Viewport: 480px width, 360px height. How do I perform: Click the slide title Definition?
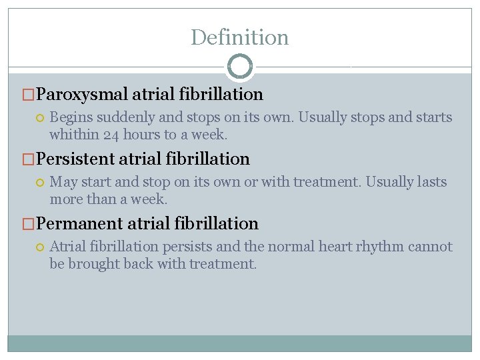point(239,37)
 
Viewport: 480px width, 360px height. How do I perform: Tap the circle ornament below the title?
point(240,66)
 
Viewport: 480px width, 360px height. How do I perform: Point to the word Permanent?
point(80,224)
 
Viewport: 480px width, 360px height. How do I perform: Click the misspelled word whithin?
point(73,135)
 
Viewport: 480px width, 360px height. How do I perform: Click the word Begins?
point(71,118)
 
